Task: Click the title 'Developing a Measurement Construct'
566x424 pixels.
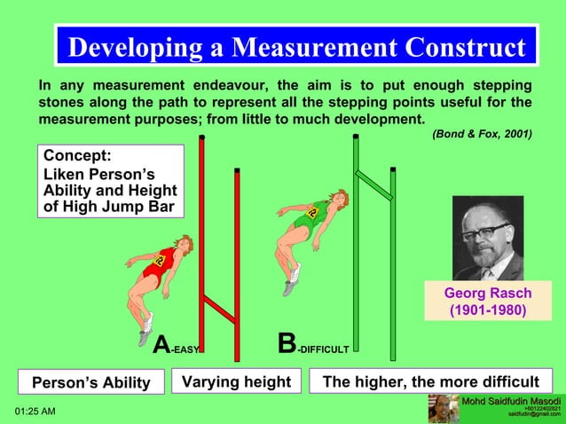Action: pyautogui.click(x=296, y=47)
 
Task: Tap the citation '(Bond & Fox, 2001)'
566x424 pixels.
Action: pyautogui.click(x=482, y=134)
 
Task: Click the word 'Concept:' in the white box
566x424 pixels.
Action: pyautogui.click(x=77, y=156)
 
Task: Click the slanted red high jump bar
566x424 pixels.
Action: pyautogui.click(x=218, y=309)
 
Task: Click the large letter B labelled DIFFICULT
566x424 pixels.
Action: pyautogui.click(x=287, y=344)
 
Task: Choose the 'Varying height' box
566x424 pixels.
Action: pyautogui.click(x=237, y=382)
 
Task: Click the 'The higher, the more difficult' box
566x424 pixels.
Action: pyautogui.click(x=430, y=382)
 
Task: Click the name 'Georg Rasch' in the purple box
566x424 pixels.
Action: pyautogui.click(x=488, y=294)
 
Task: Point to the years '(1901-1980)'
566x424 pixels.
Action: pyautogui.click(x=488, y=310)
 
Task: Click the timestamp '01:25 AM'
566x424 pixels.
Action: pyautogui.click(x=35, y=412)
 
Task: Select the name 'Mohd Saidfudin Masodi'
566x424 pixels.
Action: pyautogui.click(x=511, y=403)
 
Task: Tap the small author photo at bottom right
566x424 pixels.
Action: pyautogui.click(x=444, y=409)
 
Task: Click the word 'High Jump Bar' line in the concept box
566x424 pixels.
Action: pyautogui.click(x=109, y=208)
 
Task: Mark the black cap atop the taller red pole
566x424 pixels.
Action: pyautogui.click(x=202, y=137)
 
